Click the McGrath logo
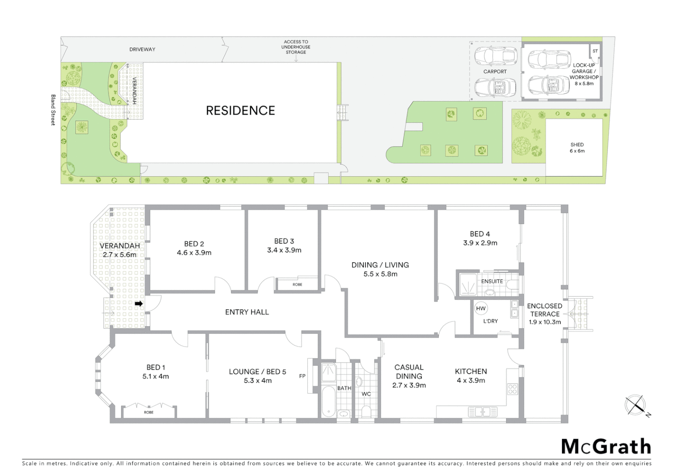[x=606, y=447]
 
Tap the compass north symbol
[x=636, y=405]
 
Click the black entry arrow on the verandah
[x=139, y=304]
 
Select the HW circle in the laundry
[x=481, y=309]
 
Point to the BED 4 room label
[x=480, y=234]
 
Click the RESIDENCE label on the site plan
[x=240, y=111]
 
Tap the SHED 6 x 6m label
[x=577, y=148]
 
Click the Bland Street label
[x=53, y=110]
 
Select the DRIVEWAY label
[x=142, y=49]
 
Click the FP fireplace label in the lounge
[x=302, y=376]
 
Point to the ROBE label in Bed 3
[x=297, y=285]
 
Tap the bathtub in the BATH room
[x=328, y=401]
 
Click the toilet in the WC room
[x=366, y=411]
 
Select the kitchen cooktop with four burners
[x=512, y=389]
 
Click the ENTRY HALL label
[x=247, y=312]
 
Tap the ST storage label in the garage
[x=595, y=51]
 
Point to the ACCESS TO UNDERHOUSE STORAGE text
[x=296, y=47]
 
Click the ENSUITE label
[x=492, y=281]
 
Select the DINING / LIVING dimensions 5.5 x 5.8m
[x=380, y=274]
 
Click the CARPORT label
[x=495, y=71]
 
